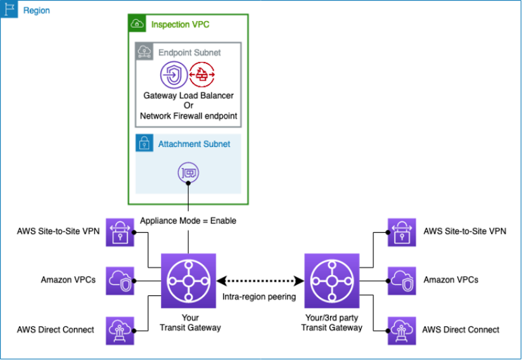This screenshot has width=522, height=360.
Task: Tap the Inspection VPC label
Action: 180,25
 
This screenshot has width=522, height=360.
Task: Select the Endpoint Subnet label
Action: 189,53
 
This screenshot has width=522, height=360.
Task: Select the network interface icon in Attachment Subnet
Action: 188,172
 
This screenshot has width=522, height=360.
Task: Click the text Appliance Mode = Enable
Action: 188,221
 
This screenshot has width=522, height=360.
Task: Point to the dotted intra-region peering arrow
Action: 260,280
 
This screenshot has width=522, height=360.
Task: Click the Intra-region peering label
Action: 260,297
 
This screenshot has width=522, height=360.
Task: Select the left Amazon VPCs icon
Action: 120,280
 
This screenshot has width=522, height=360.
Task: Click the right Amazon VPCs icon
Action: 401,280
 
